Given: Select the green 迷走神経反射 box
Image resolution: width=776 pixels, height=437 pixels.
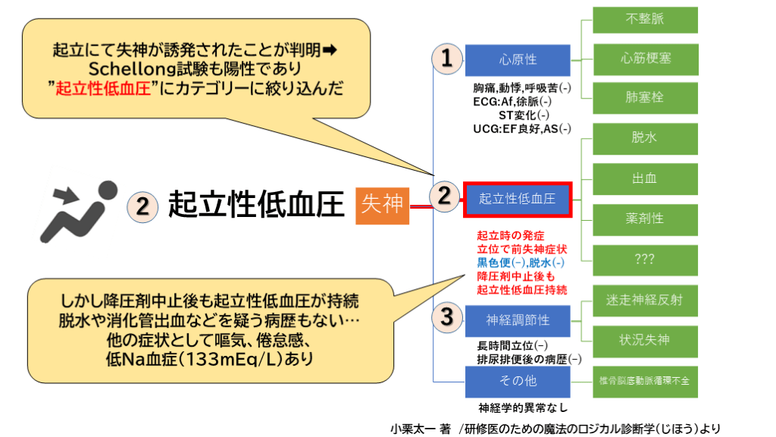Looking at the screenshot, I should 646,300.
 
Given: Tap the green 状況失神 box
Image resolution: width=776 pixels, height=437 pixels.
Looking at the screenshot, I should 646,339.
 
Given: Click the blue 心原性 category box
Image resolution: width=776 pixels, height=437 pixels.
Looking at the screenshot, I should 518,59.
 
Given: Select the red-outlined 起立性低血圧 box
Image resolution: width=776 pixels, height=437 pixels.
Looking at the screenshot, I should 517,199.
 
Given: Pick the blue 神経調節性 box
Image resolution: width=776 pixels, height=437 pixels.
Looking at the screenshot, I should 518,321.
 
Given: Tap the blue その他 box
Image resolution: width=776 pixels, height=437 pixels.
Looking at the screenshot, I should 518,381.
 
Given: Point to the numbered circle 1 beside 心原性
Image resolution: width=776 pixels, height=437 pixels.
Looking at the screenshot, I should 447,59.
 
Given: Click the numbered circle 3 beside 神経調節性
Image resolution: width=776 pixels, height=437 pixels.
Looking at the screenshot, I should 447,317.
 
